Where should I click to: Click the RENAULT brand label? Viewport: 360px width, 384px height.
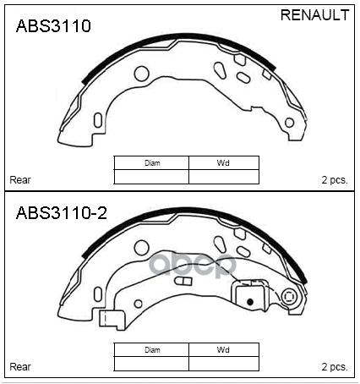click(x=314, y=15)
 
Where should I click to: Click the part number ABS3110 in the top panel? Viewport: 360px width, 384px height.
click(x=53, y=26)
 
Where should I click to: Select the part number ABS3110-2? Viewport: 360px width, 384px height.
click(x=62, y=213)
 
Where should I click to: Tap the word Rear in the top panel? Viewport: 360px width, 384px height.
click(x=20, y=180)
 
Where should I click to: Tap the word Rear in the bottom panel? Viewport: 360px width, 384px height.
click(x=20, y=367)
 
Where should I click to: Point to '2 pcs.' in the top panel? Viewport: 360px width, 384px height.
click(x=335, y=180)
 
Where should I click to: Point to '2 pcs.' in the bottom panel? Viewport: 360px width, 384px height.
click(x=335, y=367)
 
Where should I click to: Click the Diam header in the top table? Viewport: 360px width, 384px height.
click(x=152, y=163)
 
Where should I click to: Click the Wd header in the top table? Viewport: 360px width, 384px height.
click(x=223, y=163)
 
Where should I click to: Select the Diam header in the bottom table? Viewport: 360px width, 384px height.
click(x=152, y=350)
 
